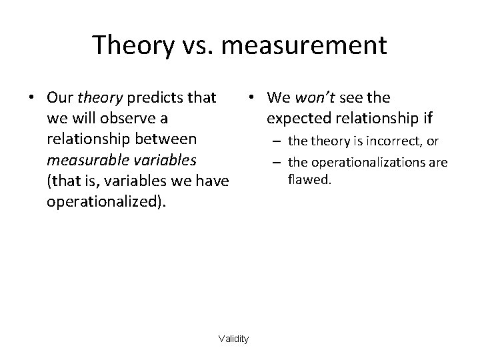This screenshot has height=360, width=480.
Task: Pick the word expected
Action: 296,119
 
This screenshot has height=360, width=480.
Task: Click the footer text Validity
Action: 233,339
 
